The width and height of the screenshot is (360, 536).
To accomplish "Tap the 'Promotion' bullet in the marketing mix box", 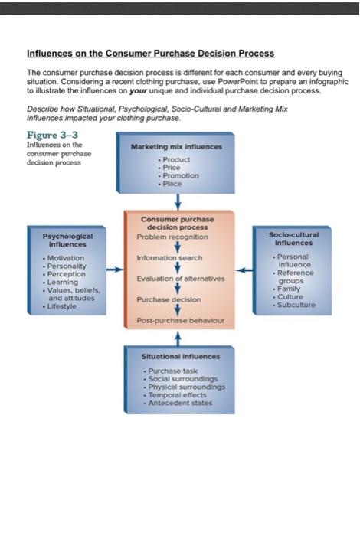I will pos(178,175).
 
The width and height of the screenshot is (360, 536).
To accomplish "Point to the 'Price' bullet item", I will pos(171,168).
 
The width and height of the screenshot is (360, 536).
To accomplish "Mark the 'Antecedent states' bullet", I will pos(181,404).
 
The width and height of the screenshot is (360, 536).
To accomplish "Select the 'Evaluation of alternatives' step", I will pos(181,279).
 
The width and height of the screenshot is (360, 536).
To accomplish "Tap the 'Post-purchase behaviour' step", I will pos(179,320).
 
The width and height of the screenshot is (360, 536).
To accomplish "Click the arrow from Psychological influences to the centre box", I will pos(113,270).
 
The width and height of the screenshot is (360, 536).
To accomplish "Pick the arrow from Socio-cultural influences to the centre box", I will pos(244,270).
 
